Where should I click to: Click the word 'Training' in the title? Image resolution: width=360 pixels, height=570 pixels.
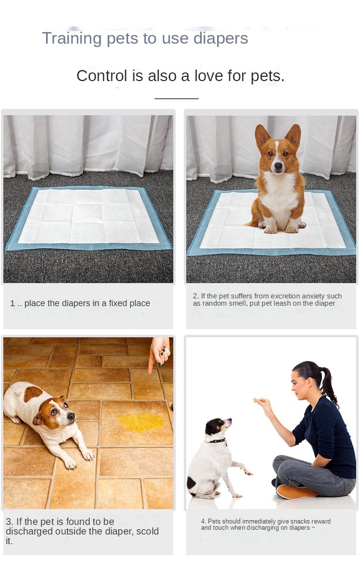[x=72, y=39]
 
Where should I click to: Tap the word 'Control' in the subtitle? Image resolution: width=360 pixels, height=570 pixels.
[x=102, y=76]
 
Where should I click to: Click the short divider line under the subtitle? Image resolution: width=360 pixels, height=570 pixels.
[x=176, y=98]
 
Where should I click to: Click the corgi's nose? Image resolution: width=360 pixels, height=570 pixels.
[x=278, y=166]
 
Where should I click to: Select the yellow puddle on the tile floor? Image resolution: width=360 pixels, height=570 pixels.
[x=141, y=423]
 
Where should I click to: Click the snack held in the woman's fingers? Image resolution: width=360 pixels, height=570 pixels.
[x=255, y=400]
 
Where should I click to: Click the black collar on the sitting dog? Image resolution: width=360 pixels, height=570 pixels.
[x=217, y=441]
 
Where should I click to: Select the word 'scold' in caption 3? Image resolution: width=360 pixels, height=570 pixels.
[x=148, y=531]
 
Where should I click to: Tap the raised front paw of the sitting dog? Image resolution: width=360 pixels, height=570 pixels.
[x=248, y=473]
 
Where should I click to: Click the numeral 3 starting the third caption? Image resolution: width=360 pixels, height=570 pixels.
[x=8, y=522]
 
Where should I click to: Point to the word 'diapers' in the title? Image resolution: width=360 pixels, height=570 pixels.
[x=220, y=39]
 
